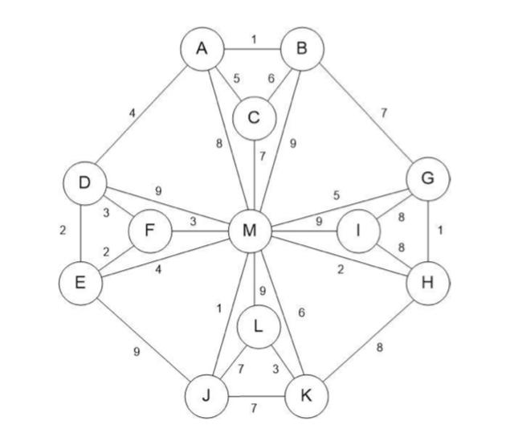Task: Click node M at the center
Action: (250, 232)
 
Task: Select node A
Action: (202, 49)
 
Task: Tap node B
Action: (303, 49)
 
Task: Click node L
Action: (257, 327)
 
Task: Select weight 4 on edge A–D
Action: (133, 112)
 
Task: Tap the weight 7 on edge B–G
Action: (383, 112)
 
